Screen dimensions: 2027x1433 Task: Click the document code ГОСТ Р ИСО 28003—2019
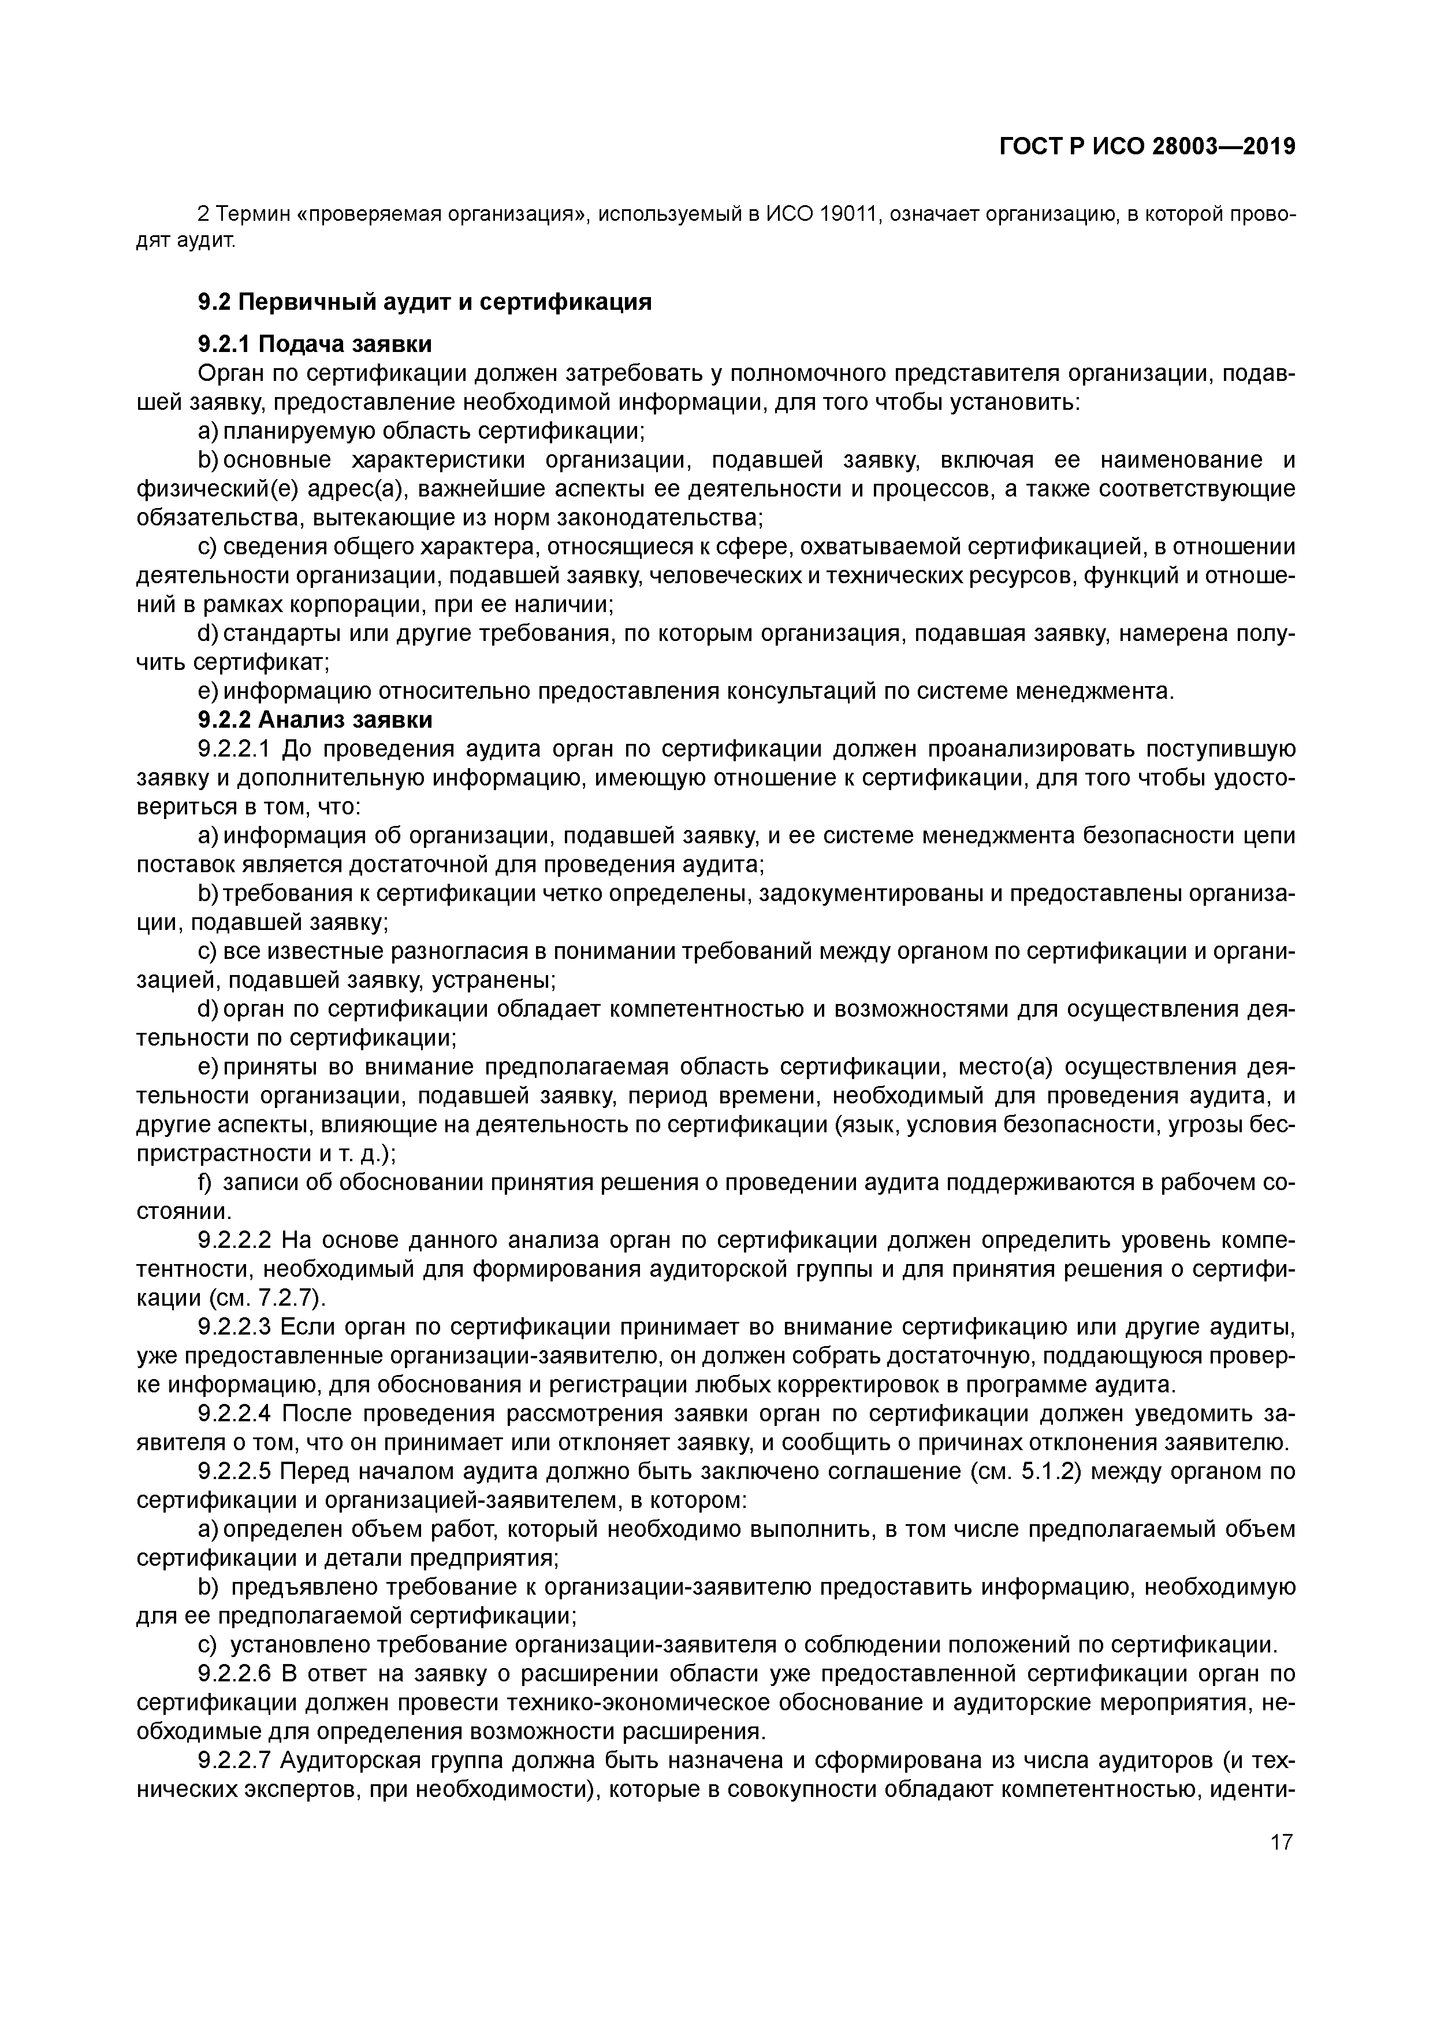pyautogui.click(x=1147, y=147)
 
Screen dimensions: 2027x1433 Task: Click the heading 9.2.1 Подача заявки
pyautogui.click(x=315, y=344)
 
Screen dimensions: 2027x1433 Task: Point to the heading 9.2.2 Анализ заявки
pyautogui.click(x=315, y=720)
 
